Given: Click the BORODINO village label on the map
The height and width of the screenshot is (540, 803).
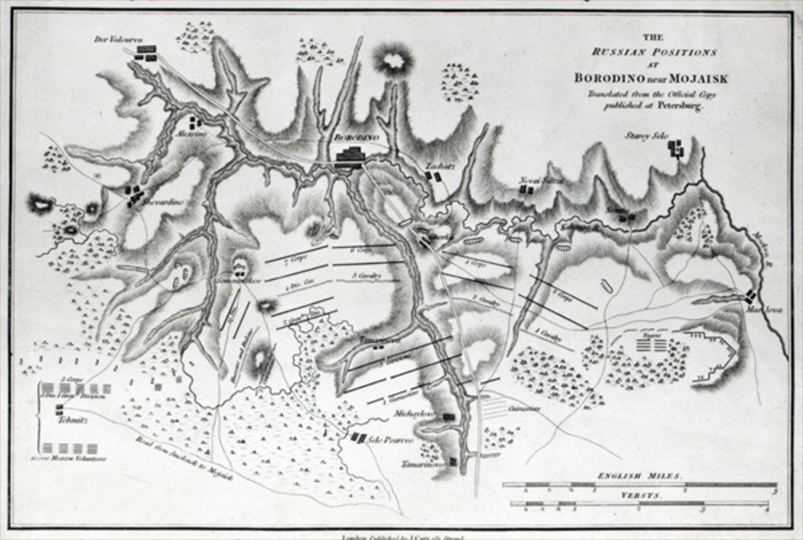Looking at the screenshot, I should point(355,137).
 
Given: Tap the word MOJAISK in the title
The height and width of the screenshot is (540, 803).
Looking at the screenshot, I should point(687,78).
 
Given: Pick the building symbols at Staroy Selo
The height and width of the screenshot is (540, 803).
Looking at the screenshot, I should point(675,147).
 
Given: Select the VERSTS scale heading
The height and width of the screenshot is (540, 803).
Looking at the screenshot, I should point(641,496).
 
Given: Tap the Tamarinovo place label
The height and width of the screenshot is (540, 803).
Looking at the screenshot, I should point(423,463).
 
